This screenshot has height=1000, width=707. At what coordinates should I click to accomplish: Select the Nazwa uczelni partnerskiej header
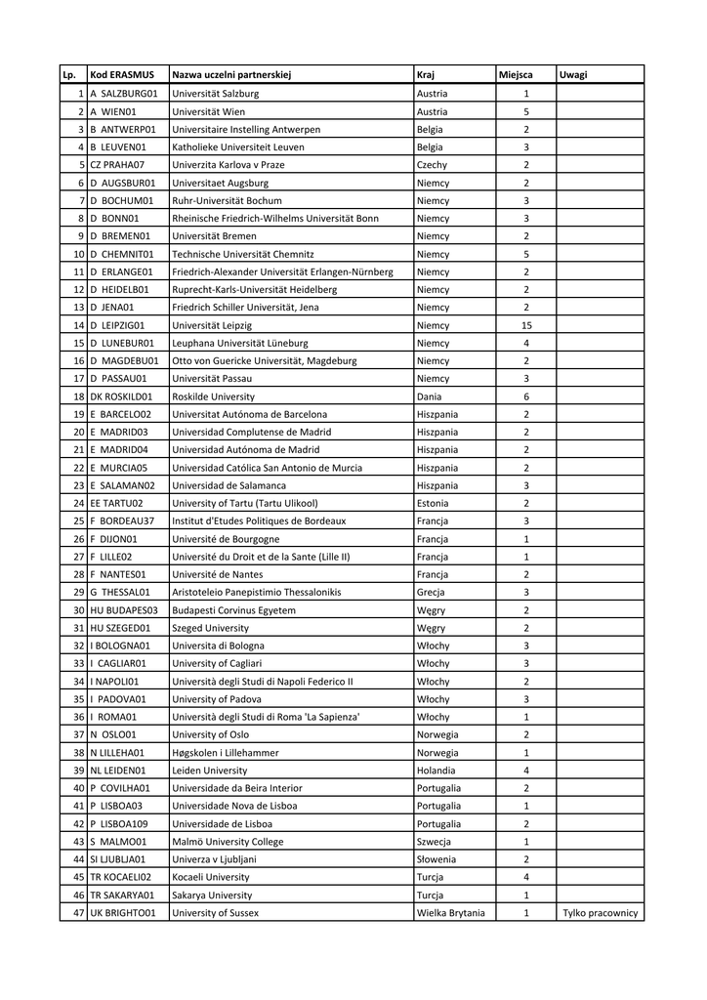point(231,75)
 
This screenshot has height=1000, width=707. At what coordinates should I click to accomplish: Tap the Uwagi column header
point(573,75)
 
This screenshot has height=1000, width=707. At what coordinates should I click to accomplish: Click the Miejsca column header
point(515,75)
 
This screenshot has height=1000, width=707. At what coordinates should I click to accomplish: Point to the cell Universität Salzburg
point(215,94)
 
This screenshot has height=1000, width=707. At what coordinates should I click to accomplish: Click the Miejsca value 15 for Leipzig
point(525,325)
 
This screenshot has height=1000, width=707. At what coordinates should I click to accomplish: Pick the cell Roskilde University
point(213,396)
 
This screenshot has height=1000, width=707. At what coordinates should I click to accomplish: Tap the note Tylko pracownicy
point(600,913)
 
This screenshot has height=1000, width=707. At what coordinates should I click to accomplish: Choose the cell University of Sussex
point(215,913)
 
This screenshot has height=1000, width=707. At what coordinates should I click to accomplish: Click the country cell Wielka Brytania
point(450,913)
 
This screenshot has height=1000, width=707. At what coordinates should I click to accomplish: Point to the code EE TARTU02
point(116,503)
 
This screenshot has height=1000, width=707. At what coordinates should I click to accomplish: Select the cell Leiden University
point(209,771)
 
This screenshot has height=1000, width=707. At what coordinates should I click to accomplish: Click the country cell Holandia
point(436,771)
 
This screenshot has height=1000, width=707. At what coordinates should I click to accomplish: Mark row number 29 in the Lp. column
point(78,592)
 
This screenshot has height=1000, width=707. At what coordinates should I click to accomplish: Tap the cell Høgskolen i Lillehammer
point(225,753)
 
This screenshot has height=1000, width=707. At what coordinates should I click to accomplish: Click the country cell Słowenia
point(437,859)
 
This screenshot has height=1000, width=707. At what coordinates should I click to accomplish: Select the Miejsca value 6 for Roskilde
point(525,396)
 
